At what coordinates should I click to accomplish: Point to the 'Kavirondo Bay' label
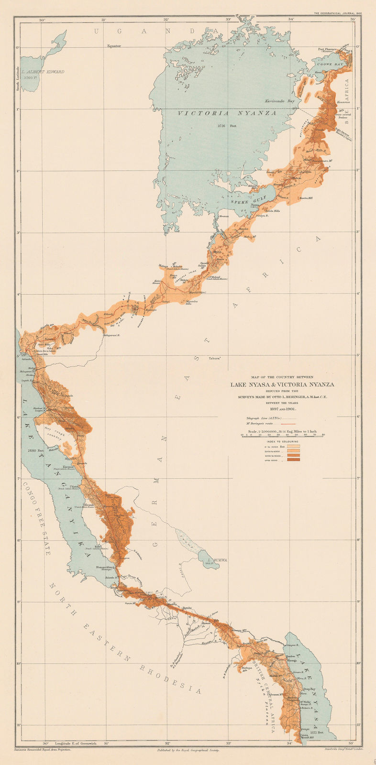tap(278, 101)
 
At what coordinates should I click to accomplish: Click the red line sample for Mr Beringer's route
tap(286, 423)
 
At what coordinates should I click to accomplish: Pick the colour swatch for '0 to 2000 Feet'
tap(293, 445)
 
